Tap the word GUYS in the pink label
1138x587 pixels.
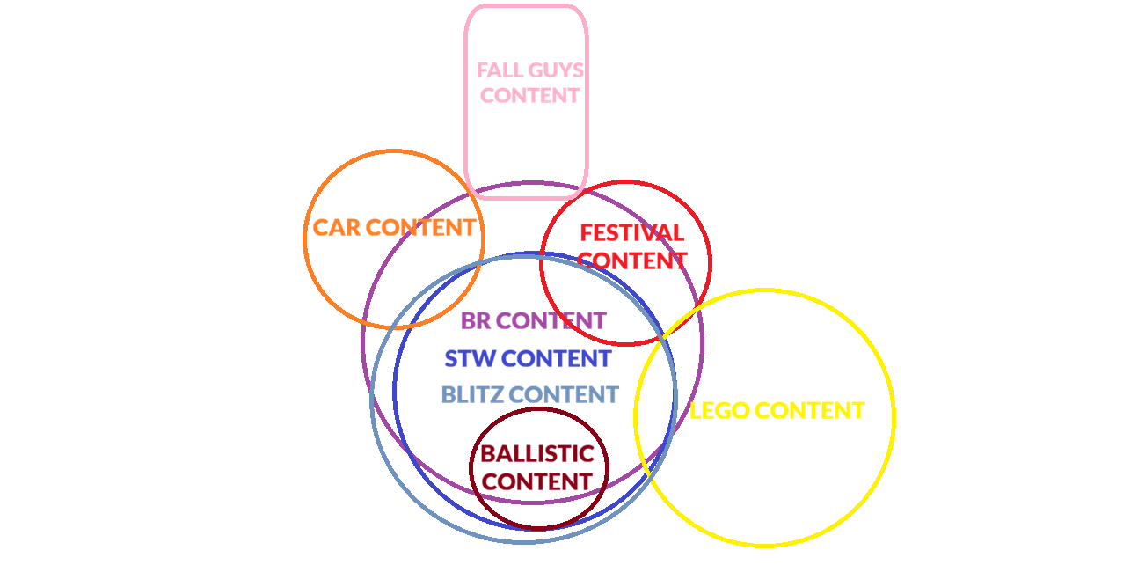pos(556,70)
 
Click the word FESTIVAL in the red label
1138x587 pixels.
pos(631,233)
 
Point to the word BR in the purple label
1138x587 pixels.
pos(476,320)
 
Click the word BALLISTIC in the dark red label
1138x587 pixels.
pos(537,454)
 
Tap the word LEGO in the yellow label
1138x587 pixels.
pos(719,411)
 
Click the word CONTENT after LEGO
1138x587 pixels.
pos(810,411)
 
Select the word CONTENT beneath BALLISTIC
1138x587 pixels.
pos(537,481)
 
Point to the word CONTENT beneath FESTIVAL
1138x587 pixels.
pos(631,261)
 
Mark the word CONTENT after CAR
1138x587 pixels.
pos(420,227)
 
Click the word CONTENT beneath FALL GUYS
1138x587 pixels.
pos(530,95)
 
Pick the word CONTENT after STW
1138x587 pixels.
pos(556,358)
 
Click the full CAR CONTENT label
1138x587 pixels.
pos(394,227)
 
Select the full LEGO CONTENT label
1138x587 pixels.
pos(777,411)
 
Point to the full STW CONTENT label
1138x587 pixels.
pos(528,358)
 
